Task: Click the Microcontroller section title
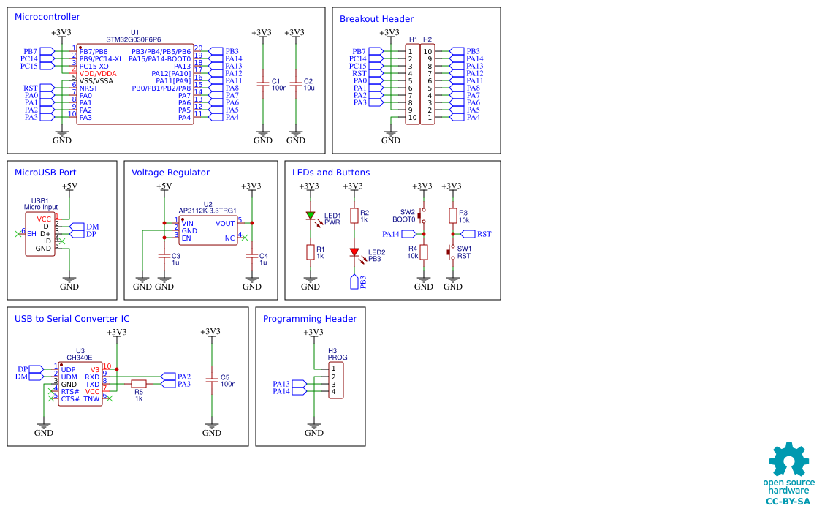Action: point(47,17)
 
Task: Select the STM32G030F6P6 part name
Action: point(133,40)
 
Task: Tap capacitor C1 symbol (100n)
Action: point(262,84)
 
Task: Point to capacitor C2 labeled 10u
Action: point(296,84)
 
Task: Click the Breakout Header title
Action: point(376,19)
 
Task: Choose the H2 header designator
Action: point(427,39)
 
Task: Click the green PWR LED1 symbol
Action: point(311,215)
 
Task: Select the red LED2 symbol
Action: point(354,252)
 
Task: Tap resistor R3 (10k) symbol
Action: point(453,216)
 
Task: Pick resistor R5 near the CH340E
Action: point(138,384)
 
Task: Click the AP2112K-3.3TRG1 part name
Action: point(208,211)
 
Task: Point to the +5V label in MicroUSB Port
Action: point(69,186)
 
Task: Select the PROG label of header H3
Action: point(338,358)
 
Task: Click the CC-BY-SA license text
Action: point(788,502)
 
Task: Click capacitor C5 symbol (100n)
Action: point(212,380)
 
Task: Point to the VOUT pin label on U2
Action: point(226,224)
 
